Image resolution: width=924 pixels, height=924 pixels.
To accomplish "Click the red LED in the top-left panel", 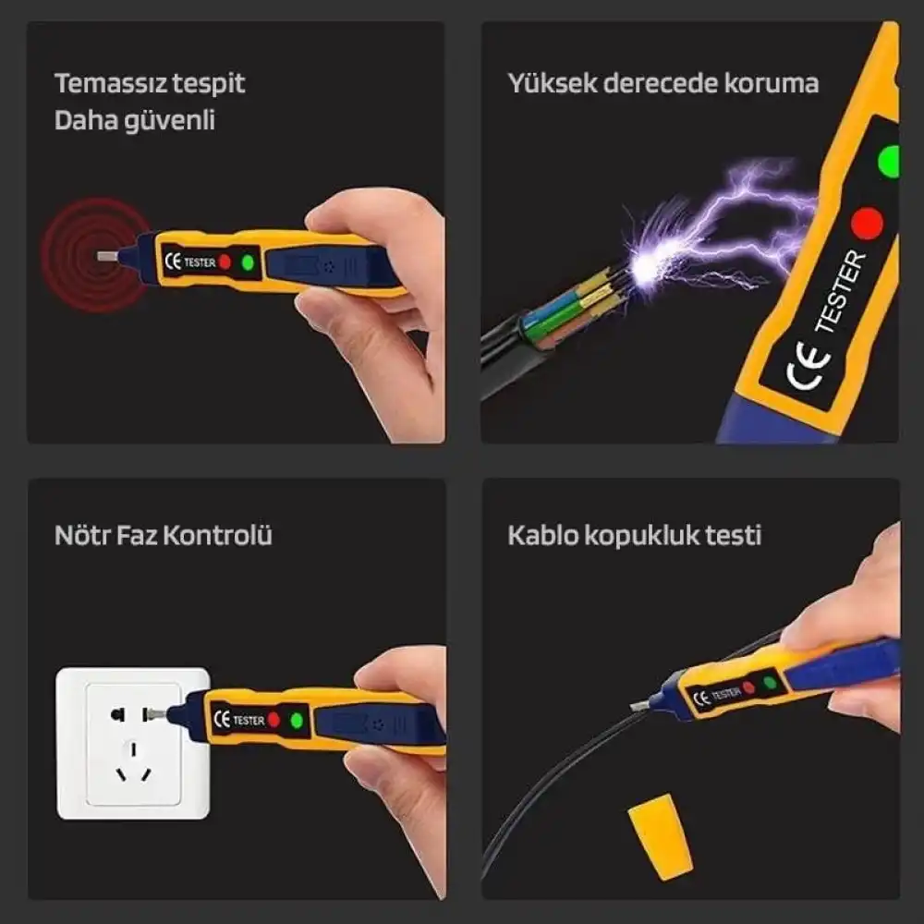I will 225,262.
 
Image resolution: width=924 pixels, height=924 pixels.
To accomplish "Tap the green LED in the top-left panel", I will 247,262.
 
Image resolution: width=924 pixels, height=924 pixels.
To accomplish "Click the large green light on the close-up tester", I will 889,159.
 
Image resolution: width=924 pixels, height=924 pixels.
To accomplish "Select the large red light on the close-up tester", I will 867,223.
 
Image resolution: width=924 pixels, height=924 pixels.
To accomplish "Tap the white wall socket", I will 133,743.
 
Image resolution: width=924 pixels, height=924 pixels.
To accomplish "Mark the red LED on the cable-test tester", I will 749,687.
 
